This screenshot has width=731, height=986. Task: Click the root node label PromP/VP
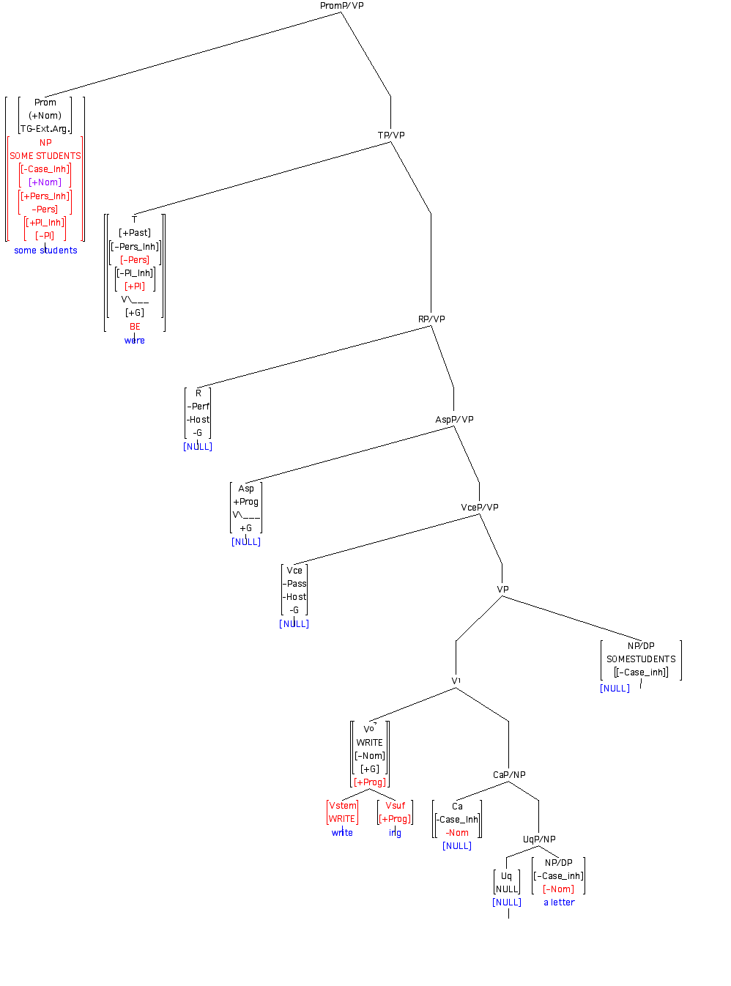pos(341,6)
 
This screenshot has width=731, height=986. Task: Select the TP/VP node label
pos(391,136)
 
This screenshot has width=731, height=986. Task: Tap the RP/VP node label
pos(431,319)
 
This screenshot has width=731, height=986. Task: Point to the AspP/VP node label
pos(454,420)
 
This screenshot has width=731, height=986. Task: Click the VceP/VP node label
pos(480,508)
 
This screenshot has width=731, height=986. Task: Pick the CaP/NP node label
pos(509,775)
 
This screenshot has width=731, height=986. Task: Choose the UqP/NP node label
pos(539,839)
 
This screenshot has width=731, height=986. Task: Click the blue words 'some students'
pos(45,251)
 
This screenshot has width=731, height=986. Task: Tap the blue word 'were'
pos(135,341)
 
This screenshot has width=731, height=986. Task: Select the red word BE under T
pos(135,327)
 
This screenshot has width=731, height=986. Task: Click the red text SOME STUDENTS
pos(45,156)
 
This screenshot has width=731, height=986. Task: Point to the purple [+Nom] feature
pos(45,182)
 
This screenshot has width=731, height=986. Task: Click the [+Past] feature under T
pos(135,233)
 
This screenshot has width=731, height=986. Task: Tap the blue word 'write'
pos(342,833)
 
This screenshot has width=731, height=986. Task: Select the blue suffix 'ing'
pos(395,833)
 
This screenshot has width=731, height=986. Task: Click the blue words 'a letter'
pos(559,902)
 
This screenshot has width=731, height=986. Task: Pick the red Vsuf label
pos(395,806)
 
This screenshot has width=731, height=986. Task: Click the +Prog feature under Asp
pos(246,502)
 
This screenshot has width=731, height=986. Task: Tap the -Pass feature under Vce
pos(294,584)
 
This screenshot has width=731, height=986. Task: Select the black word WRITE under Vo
pos(369,743)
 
